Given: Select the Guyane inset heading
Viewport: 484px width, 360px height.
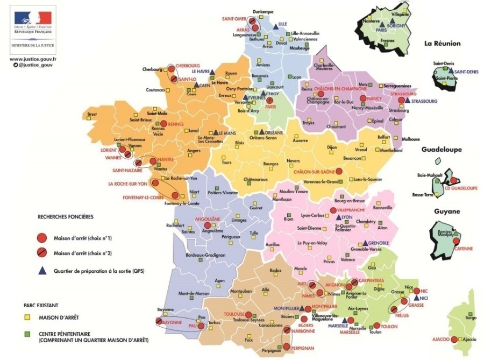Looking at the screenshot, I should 447,211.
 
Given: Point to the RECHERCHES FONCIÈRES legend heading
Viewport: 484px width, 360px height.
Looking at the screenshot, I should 66,217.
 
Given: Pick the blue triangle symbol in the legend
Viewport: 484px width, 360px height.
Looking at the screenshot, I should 41,271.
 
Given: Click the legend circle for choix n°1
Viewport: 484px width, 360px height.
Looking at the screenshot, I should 41,238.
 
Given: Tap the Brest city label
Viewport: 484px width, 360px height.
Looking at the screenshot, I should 92,114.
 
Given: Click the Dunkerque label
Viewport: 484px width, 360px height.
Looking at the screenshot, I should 263,12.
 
